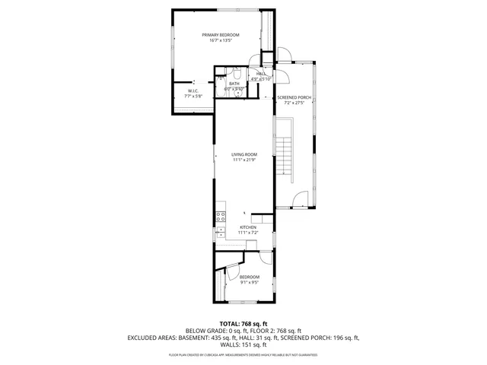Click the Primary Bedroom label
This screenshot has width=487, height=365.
pyautogui.click(x=221, y=35)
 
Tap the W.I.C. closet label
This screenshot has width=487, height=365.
pyautogui.click(x=193, y=91)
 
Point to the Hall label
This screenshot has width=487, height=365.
pyautogui.click(x=261, y=74)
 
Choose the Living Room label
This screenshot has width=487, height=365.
pyautogui.click(x=244, y=154)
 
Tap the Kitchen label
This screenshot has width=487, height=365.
pyautogui.click(x=248, y=227)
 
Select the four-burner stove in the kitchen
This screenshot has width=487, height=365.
pyautogui.click(x=221, y=216)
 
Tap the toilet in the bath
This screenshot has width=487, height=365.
pyautogui.click(x=237, y=75)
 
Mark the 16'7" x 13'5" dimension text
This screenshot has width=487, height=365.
pyautogui.click(x=221, y=40)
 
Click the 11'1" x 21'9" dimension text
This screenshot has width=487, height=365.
pyautogui.click(x=244, y=160)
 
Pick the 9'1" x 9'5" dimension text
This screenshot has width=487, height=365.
pyautogui.click(x=250, y=282)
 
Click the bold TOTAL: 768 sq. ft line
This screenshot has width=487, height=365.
pyautogui.click(x=243, y=323)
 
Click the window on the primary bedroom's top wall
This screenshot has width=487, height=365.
pyautogui.click(x=221, y=10)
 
